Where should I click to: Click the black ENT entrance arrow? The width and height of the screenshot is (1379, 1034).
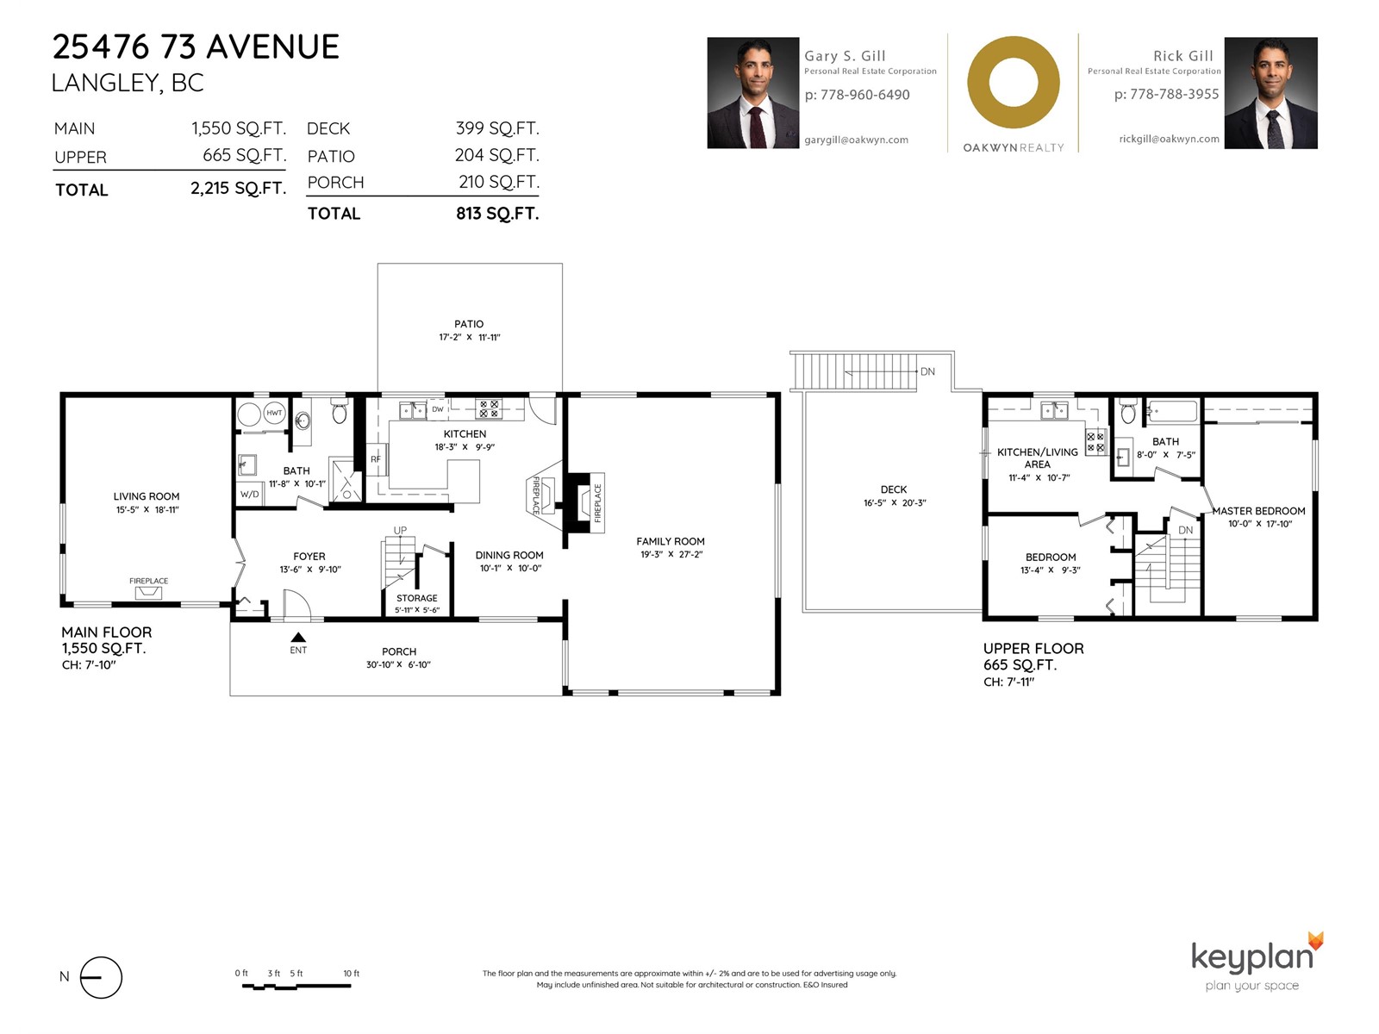[298, 638]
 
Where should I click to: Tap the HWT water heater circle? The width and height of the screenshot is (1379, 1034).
[275, 413]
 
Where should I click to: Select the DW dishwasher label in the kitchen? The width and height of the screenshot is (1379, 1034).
[438, 409]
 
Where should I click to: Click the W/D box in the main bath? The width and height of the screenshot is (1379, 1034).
[249, 494]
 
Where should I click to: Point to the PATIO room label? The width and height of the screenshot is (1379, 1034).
[470, 324]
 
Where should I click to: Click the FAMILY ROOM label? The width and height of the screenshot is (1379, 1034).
[671, 541]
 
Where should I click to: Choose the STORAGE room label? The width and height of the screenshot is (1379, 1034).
[416, 598]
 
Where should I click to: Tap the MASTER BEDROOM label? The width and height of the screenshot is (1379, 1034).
[1259, 511]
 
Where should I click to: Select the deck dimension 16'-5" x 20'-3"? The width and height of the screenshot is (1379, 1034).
[895, 503]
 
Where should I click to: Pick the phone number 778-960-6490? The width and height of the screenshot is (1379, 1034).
[865, 95]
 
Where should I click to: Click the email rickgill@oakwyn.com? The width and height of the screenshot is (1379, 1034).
[1170, 139]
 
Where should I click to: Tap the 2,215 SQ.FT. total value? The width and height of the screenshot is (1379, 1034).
[238, 189]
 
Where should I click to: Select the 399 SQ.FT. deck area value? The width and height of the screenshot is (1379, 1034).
[497, 128]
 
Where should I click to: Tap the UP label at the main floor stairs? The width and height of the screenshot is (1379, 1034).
[400, 531]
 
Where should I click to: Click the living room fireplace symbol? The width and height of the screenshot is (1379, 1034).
[148, 593]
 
